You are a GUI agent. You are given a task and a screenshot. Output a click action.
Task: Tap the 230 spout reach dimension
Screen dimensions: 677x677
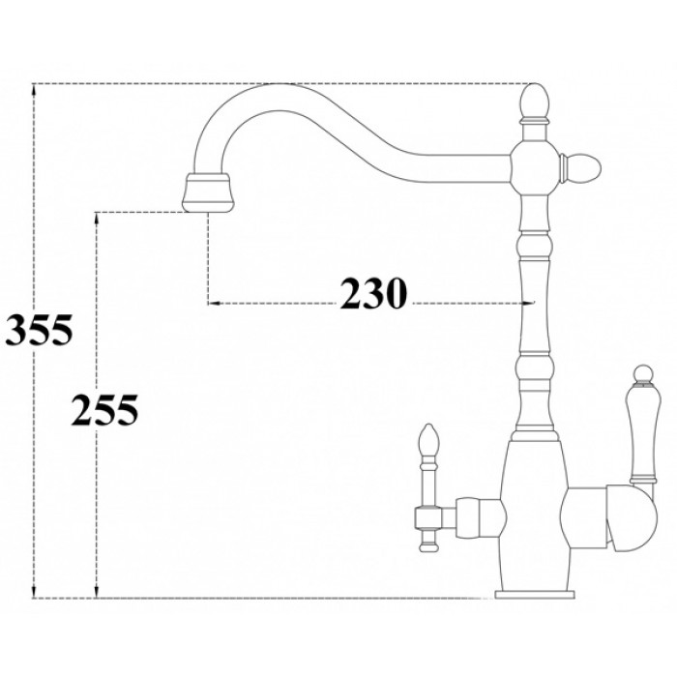pos(370,292)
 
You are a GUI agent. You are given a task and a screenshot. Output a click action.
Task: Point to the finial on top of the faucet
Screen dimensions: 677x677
pos(534,102)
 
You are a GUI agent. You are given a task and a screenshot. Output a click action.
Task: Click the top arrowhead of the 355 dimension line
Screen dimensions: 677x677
pos(35,90)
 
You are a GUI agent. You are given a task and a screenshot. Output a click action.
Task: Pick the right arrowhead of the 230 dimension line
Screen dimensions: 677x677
pos(526,303)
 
